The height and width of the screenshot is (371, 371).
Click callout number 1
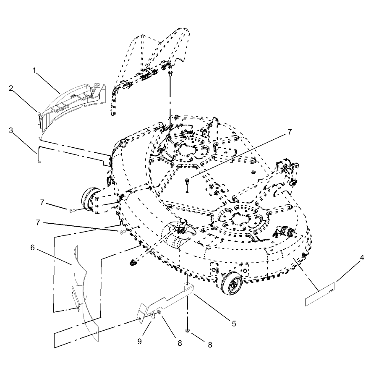(x=34, y=70)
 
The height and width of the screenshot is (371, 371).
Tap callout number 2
(x=11, y=88)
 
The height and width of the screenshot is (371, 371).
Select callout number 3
(x=11, y=131)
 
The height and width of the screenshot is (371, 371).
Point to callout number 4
(x=362, y=257)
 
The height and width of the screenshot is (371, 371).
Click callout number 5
(x=234, y=324)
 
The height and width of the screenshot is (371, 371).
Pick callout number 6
(x=33, y=248)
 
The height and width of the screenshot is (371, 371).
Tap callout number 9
(x=140, y=342)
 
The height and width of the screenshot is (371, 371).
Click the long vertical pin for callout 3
(x=39, y=154)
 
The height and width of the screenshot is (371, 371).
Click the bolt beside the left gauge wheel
(x=73, y=210)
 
